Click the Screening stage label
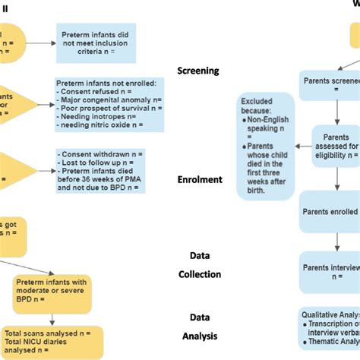197,71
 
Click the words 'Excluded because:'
261,106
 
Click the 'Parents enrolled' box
333,205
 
